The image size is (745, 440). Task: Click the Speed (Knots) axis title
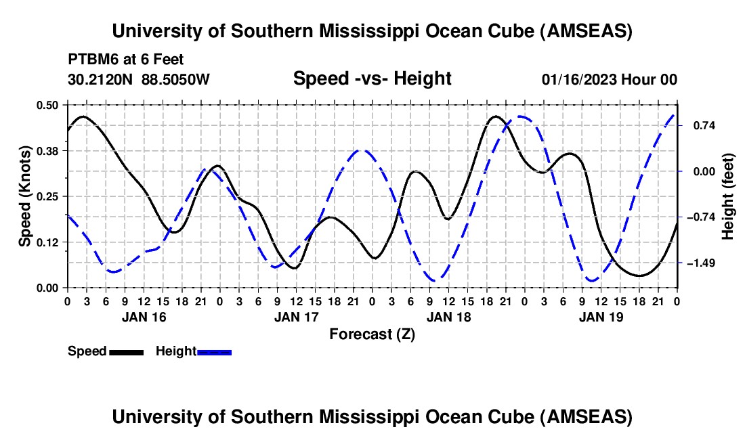pyautogui.click(x=25, y=196)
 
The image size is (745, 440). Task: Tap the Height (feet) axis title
pyautogui.click(x=728, y=196)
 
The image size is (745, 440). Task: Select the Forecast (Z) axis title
pyautogui.click(x=372, y=334)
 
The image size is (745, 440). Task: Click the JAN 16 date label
pyautogui.click(x=143, y=317)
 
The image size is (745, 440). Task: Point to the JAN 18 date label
pyautogui.click(x=448, y=317)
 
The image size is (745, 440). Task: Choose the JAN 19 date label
pyautogui.click(x=601, y=317)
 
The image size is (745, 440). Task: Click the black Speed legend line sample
pyautogui.click(x=126, y=351)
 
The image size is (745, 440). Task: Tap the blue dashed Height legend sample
pyautogui.click(x=215, y=351)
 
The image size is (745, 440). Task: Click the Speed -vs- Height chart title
pyautogui.click(x=372, y=79)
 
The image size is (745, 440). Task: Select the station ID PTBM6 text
pyautogui.click(x=91, y=60)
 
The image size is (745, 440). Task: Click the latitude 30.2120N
pyautogui.click(x=101, y=79)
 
